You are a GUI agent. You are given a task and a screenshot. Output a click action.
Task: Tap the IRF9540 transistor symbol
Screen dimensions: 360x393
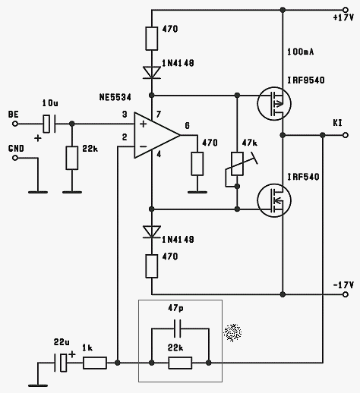point(274,103)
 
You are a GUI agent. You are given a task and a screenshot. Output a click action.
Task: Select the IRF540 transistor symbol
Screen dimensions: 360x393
point(274,200)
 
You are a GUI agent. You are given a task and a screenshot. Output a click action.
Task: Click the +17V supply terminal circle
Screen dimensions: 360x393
point(345,10)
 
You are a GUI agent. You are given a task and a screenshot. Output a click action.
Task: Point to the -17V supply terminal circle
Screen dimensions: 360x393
point(345,294)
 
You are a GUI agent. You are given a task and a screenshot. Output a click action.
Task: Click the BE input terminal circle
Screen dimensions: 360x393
point(15,124)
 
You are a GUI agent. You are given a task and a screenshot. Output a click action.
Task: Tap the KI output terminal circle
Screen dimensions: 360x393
point(345,135)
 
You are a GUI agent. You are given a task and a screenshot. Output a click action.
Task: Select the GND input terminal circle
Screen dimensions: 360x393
point(15,158)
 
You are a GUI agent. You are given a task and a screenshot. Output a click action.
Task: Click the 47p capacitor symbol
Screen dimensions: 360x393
point(177,329)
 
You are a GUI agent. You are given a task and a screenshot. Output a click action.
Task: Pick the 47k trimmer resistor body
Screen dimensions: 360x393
point(237,164)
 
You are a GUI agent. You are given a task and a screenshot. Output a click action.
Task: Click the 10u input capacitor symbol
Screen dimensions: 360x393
point(49,124)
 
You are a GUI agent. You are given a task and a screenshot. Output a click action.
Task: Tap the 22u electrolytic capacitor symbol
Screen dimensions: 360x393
point(61,363)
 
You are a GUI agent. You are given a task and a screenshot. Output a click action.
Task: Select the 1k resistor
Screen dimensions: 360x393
point(95,363)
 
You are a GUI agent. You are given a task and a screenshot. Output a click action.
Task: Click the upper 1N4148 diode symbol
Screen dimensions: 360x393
point(152,72)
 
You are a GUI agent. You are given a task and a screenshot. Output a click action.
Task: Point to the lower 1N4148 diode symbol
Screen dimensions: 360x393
point(152,231)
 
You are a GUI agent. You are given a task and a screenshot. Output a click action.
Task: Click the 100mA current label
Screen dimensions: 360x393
point(300,52)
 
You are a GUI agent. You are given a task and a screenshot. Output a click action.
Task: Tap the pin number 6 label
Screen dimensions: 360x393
point(187,126)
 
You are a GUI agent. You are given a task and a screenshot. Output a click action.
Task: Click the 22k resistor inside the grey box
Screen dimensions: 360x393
point(180,363)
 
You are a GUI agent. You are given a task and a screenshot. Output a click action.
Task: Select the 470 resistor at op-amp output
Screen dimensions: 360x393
point(197,164)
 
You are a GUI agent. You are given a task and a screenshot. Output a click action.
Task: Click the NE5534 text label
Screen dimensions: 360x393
point(115,97)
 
